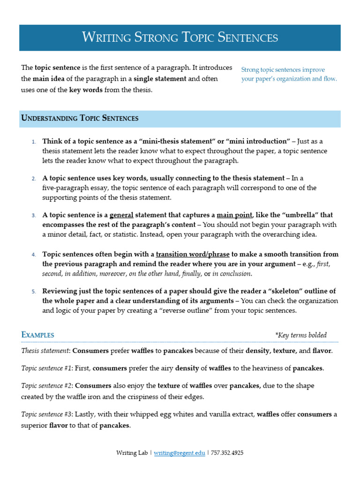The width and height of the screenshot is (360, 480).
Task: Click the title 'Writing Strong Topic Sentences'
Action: click(180, 37)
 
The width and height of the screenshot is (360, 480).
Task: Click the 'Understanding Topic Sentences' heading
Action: click(80, 118)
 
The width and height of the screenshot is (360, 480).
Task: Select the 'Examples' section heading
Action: click(38, 335)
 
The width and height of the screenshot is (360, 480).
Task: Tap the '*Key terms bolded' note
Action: click(300, 335)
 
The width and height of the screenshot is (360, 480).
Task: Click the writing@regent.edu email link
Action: click(180, 453)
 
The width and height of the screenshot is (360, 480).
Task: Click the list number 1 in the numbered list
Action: click(34, 142)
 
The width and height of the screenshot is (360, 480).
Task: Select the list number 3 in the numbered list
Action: click(34, 216)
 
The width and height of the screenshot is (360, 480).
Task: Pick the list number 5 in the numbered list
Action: click(34, 292)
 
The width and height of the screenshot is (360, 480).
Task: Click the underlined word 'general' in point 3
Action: click(121, 215)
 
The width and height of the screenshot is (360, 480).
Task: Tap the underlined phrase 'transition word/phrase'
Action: click(193, 254)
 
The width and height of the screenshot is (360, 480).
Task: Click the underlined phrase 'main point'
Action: click(234, 215)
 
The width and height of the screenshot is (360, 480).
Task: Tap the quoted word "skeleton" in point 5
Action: click(293, 291)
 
